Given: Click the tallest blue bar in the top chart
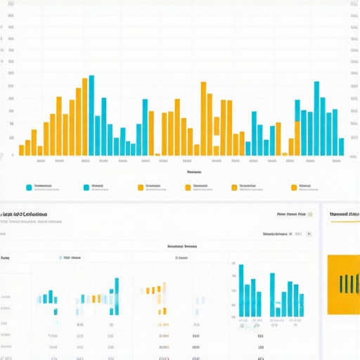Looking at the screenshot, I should pos(91,115).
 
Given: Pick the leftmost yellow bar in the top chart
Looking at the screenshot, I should pos(21,150).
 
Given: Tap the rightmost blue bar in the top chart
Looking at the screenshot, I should pos(341,146).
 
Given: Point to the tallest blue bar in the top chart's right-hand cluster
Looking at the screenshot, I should pos(316,119).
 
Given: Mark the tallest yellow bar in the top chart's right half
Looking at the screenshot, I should pos(203,119).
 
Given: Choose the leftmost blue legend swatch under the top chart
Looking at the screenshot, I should pos(29,188).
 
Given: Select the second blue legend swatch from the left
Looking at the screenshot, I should pos(86,188).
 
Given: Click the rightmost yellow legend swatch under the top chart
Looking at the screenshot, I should pos(294,188).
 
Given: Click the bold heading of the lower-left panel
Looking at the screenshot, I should pos(25,214).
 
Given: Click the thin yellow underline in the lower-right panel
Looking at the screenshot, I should pos(345,222).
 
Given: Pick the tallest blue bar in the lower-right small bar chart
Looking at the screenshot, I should pos(240,290).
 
